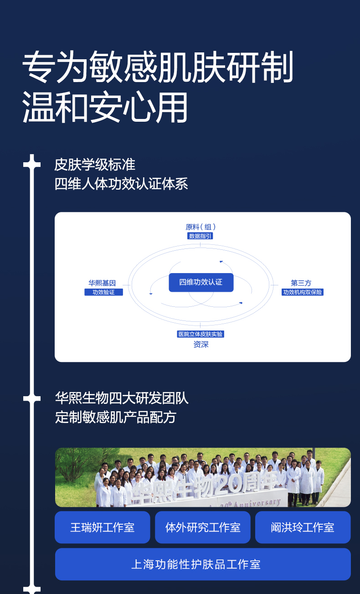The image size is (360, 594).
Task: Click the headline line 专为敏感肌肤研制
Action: [157, 67]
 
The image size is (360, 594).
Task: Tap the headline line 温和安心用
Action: [105, 108]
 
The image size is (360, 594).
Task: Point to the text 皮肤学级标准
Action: [95, 165]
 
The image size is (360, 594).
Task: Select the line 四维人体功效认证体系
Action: [121, 184]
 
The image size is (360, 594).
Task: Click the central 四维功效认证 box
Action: [201, 283]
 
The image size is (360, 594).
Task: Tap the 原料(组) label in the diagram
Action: [201, 227]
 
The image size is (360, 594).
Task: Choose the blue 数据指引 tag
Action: [201, 236]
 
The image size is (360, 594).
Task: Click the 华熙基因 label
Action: [102, 283]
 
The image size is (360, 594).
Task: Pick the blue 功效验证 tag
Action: [103, 292]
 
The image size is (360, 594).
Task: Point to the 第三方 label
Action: [301, 283]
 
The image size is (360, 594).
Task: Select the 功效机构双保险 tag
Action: [303, 292]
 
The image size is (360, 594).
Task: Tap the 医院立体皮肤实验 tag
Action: [201, 334]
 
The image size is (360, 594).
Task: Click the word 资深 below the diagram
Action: [201, 345]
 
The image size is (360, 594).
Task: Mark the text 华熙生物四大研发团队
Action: [122, 398]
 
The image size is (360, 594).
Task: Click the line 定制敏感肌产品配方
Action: [116, 417]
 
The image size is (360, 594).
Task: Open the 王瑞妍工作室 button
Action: [103, 527]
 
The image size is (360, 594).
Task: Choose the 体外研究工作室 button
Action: [203, 527]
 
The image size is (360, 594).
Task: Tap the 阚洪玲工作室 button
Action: [303, 527]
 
